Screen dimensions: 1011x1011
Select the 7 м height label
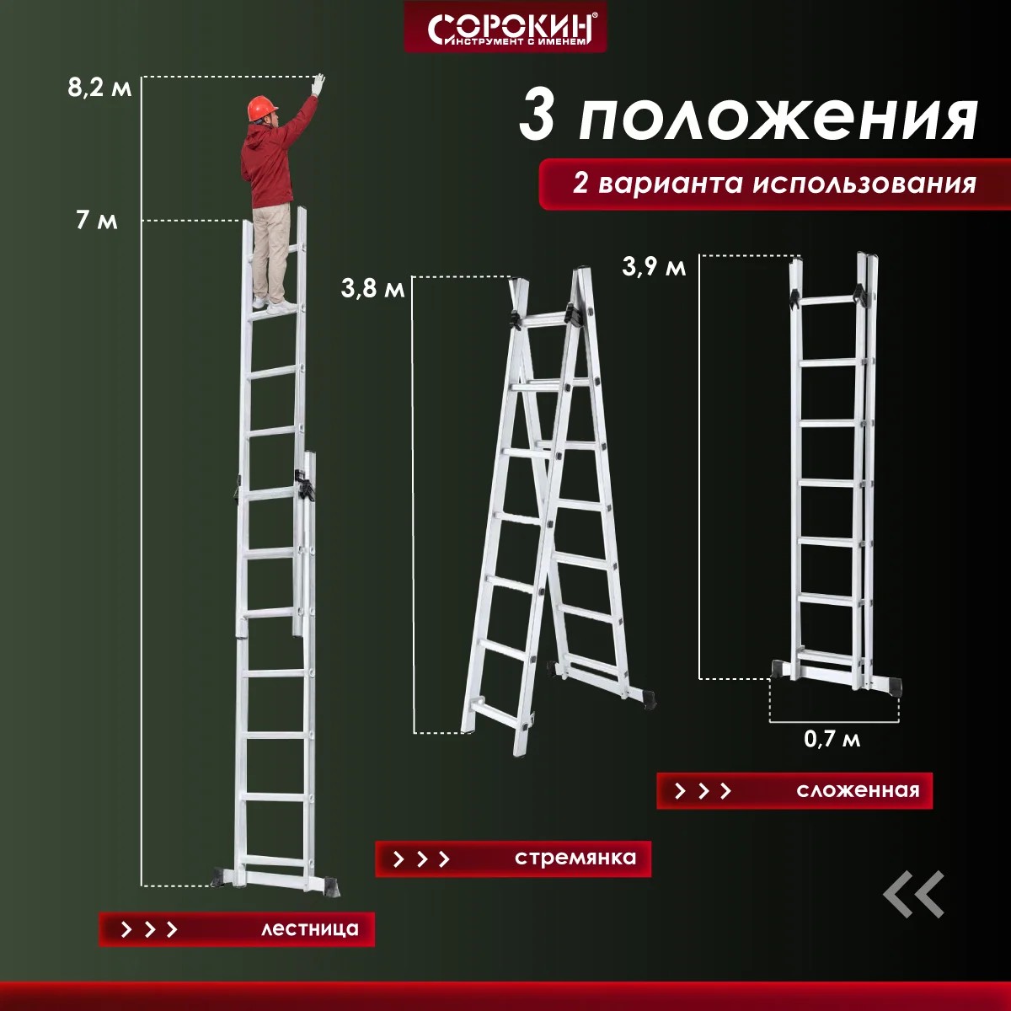97,220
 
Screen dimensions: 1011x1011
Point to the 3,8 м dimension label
372,288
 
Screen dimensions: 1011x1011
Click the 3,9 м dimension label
654,266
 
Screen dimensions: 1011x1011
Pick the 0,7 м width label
832,739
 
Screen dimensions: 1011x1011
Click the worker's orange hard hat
262,108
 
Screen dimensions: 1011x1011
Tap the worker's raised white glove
318,84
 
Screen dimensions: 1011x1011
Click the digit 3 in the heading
536,116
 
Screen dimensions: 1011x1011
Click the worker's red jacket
273,158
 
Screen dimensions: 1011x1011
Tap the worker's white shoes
275,305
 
